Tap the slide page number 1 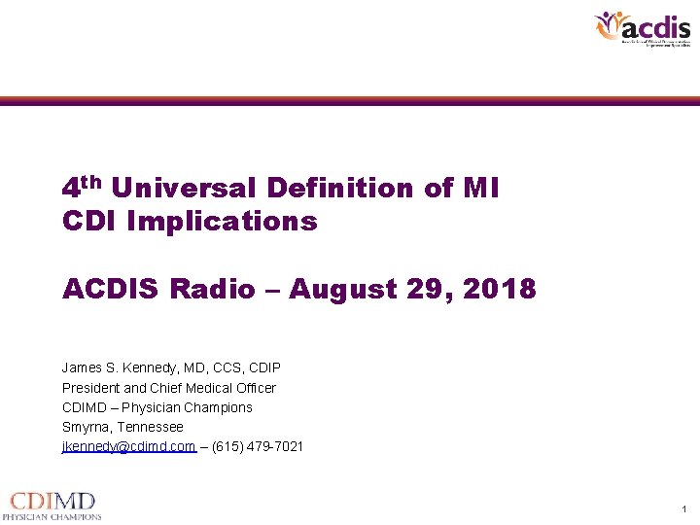coord(684,509)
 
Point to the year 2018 coord(502,289)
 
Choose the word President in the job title coord(91,388)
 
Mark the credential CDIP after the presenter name coord(263,368)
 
